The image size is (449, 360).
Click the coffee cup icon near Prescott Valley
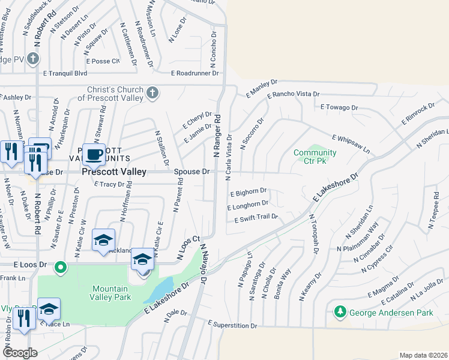click(x=93, y=155)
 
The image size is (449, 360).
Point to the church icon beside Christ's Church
click(x=152, y=93)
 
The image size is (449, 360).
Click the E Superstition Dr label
click(x=232, y=325)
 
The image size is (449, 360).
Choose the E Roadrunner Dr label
click(x=195, y=73)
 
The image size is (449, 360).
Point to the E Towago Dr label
click(x=339, y=107)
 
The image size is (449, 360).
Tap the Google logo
click(x=20, y=352)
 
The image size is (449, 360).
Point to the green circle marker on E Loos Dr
click(x=60, y=267)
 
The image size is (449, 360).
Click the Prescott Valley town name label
click(x=113, y=172)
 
